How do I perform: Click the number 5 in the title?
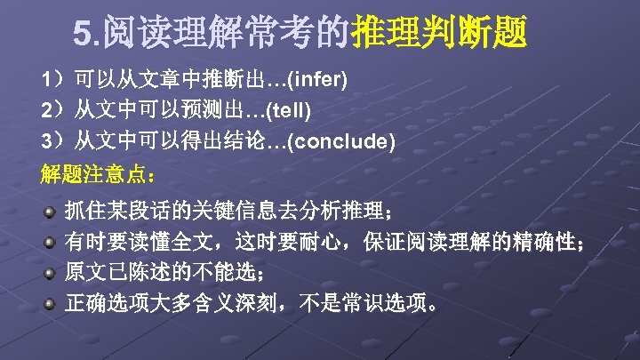pos(84,35)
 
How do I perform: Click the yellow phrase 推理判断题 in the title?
pos(439,35)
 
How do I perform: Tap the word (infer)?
pos(317,81)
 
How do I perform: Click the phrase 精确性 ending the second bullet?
pos(542,243)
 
